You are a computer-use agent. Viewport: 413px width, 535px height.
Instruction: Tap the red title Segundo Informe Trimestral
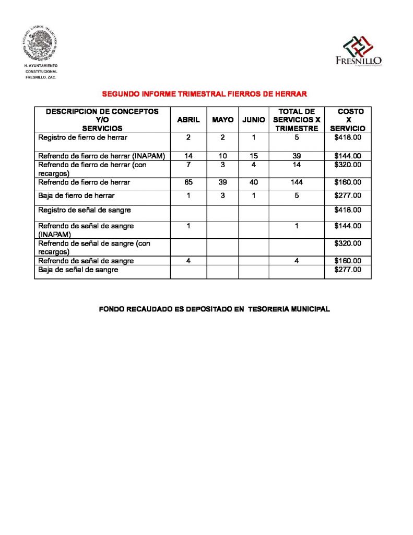pyautogui.click(x=204, y=94)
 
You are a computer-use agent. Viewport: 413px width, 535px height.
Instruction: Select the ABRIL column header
pyautogui.click(x=188, y=120)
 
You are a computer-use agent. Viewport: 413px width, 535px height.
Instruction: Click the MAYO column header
pyautogui.click(x=222, y=120)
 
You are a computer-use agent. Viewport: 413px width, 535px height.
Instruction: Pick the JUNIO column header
pyautogui.click(x=254, y=120)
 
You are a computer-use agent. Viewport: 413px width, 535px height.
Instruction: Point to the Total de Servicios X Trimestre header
pyautogui.click(x=297, y=120)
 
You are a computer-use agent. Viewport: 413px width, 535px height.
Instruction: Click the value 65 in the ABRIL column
pyautogui.click(x=188, y=182)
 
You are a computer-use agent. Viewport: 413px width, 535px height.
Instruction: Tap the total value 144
pyautogui.click(x=297, y=182)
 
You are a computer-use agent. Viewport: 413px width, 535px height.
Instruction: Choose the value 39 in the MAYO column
pyautogui.click(x=222, y=182)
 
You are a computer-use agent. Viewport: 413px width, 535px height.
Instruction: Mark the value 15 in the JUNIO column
pyautogui.click(x=254, y=156)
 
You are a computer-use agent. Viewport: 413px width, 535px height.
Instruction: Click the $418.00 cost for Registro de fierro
pyautogui.click(x=348, y=137)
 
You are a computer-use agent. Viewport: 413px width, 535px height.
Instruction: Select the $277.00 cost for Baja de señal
pyautogui.click(x=348, y=270)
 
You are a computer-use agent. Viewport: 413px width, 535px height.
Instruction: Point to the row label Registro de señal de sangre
pyautogui.click(x=85, y=210)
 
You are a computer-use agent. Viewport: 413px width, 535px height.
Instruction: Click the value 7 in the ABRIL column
pyautogui.click(x=188, y=165)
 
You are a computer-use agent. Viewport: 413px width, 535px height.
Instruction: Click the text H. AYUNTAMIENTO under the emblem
pyautogui.click(x=41, y=65)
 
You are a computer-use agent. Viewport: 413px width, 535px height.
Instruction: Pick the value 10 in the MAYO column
pyautogui.click(x=222, y=156)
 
